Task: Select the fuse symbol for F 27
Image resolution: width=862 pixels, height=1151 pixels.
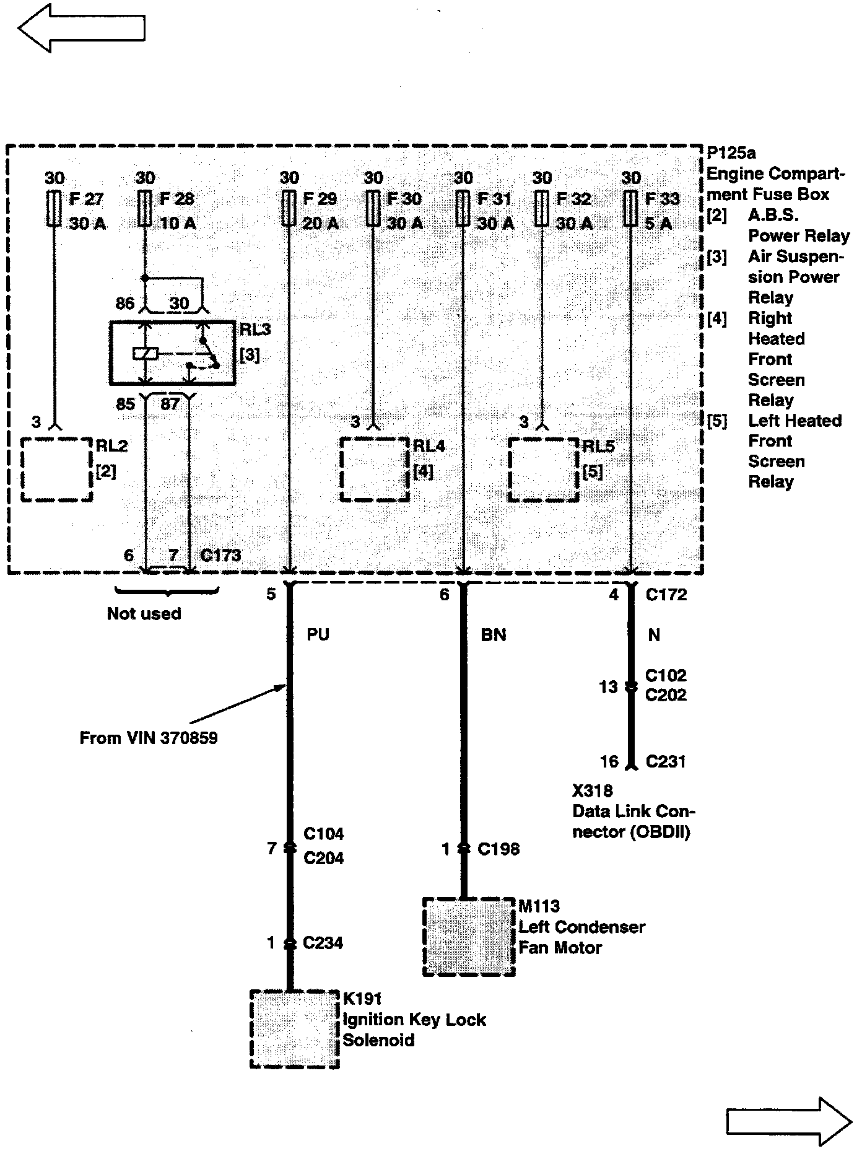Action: pyautogui.click(x=54, y=209)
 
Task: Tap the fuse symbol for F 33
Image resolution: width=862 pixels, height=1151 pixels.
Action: pyautogui.click(x=631, y=209)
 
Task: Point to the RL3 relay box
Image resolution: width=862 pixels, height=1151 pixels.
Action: pyautogui.click(x=172, y=352)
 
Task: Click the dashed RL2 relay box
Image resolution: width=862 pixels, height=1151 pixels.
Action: pyautogui.click(x=57, y=469)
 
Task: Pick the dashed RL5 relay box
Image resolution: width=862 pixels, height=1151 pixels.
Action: pyautogui.click(x=543, y=470)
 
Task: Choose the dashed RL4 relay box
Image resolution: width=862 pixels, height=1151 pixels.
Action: pyautogui.click(x=375, y=470)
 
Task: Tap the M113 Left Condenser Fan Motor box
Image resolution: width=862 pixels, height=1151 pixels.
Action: pyautogui.click(x=469, y=937)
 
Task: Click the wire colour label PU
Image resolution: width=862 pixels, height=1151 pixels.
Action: pyautogui.click(x=318, y=635)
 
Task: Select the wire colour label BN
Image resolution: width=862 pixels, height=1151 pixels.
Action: pyautogui.click(x=493, y=635)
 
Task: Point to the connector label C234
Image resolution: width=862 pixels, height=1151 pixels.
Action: pyautogui.click(x=323, y=943)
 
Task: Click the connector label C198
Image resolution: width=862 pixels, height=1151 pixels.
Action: pyautogui.click(x=498, y=849)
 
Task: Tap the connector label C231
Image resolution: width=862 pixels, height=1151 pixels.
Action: pyautogui.click(x=666, y=761)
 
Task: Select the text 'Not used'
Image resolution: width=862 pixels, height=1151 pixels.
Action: pyautogui.click(x=144, y=614)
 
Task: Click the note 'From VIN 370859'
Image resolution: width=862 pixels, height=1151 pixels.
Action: pyautogui.click(x=149, y=738)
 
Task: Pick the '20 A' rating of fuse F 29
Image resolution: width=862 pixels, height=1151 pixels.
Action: pyautogui.click(x=320, y=223)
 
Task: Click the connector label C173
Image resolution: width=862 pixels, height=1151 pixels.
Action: pyautogui.click(x=220, y=555)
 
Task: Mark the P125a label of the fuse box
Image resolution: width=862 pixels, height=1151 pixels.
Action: pyautogui.click(x=731, y=153)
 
